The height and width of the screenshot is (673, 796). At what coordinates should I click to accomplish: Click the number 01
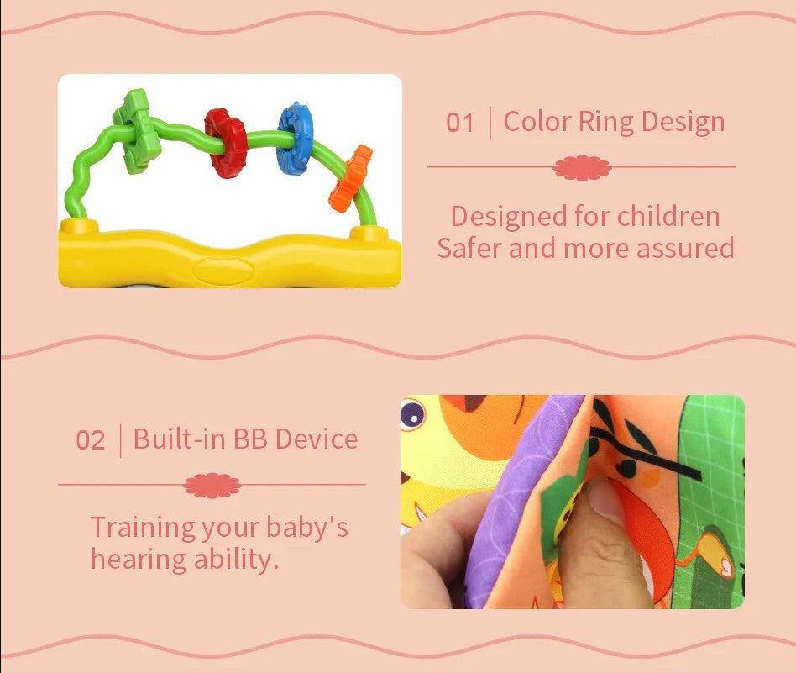point(460,124)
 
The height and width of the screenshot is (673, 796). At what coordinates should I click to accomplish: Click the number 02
point(91,440)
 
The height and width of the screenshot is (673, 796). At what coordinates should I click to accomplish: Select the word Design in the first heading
point(683,122)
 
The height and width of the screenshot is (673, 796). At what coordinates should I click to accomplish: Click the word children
point(668,217)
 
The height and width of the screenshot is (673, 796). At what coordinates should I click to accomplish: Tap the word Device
point(317,439)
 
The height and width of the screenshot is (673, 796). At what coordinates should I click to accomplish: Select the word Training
point(142,528)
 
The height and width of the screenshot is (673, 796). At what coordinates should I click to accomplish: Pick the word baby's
point(306,528)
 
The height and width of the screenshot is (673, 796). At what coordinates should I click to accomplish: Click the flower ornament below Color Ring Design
point(582,167)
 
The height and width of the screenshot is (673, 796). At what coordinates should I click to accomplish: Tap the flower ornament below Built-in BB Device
point(212,485)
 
